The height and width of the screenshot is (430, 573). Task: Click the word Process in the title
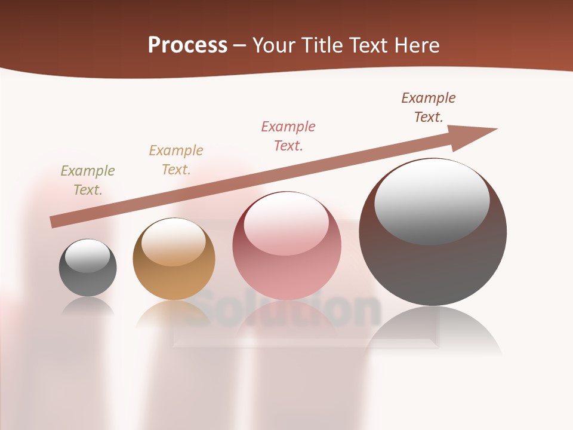187,45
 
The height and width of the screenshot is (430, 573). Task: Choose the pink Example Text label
288,136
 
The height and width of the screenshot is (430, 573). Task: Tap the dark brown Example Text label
429,107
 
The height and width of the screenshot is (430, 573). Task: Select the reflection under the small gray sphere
88,307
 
